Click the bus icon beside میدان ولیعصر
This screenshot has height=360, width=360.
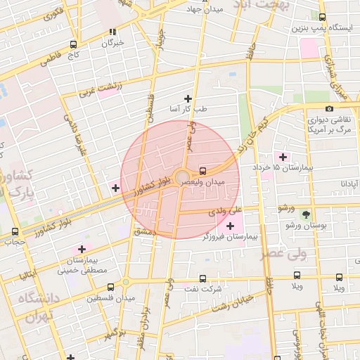coord(203,170)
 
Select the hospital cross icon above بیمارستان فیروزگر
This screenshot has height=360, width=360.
coord(231,225)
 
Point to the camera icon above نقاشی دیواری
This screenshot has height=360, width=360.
coord(330,108)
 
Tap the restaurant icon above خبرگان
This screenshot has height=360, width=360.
coord(112,32)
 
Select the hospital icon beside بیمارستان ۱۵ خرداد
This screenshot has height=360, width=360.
coord(283,156)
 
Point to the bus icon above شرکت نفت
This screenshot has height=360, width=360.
coord(204,278)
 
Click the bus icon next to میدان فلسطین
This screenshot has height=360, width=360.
coord(110,287)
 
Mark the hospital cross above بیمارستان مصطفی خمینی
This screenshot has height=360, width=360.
coord(82,249)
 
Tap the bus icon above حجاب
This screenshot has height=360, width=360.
coord(15,232)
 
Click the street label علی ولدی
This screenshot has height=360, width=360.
coord(224,210)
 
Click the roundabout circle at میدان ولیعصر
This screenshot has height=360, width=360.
coord(182,176)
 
